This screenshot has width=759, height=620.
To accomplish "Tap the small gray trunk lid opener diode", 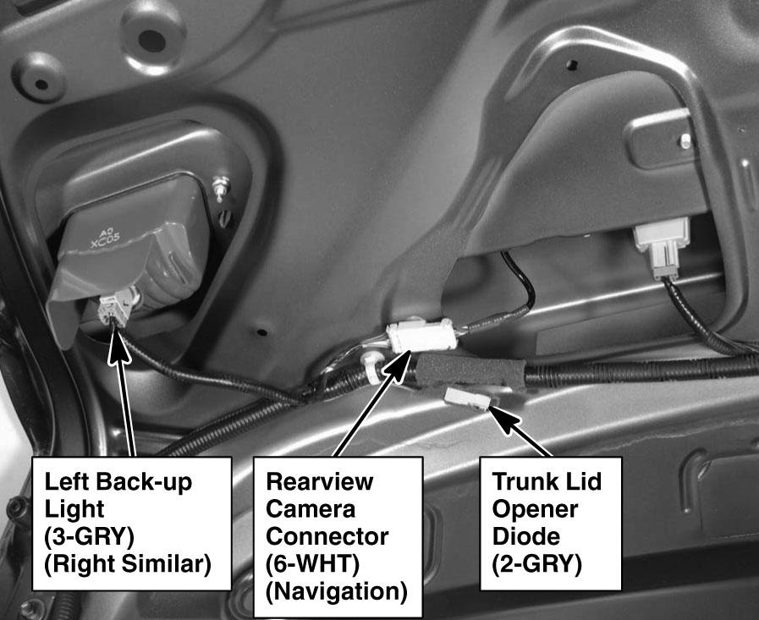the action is coord(468,398).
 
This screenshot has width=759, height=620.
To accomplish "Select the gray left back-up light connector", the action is coord(115,307).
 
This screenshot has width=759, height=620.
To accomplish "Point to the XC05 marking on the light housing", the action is coord(105,240).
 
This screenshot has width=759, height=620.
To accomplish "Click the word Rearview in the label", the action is coord(320,481).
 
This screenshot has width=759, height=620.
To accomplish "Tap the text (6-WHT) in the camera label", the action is coord(312,564).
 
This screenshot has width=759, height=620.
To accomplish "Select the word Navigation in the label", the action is coord(337,591).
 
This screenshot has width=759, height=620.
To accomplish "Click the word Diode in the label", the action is coord(526,536).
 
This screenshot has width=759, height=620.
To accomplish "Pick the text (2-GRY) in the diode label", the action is coord(536,564).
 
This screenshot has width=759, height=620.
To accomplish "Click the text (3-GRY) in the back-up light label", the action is coord(89,536).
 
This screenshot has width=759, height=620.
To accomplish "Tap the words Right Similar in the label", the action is coord(128,564).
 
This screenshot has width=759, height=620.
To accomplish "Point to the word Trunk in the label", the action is coord(521,481).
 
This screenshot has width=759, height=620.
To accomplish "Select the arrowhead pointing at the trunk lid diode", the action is coord(503,420).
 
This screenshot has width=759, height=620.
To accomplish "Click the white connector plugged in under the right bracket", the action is coord(662,247).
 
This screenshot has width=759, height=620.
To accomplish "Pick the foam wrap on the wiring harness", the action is coord(470,370).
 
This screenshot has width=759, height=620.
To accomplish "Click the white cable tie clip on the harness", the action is coord(371,368).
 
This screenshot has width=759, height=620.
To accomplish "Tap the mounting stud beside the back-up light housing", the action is coord(222,188).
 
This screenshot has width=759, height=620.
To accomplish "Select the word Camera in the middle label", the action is coord(311,508).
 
